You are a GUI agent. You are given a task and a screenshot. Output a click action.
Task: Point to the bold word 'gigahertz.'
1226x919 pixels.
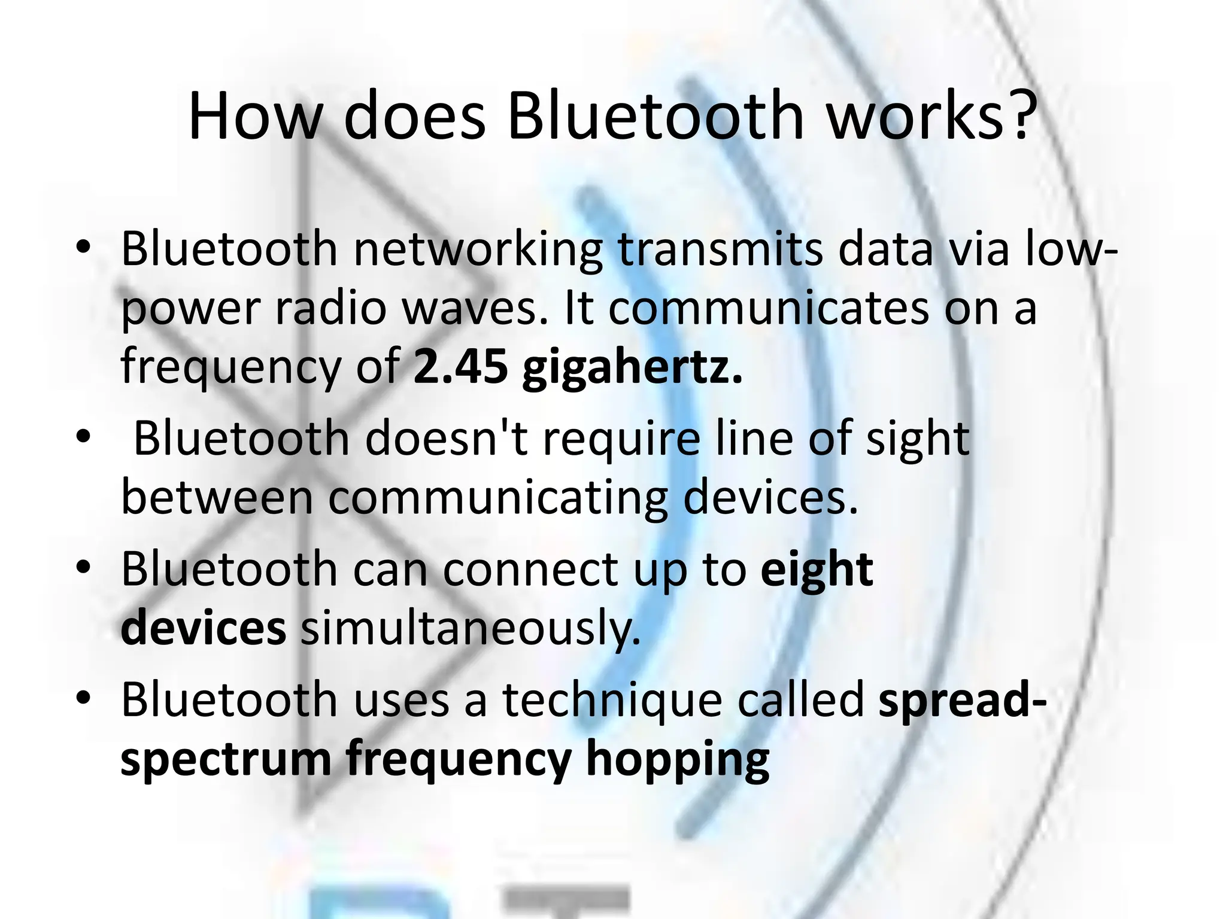tap(632, 369)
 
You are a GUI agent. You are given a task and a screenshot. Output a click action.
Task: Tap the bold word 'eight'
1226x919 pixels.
tap(817, 571)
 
